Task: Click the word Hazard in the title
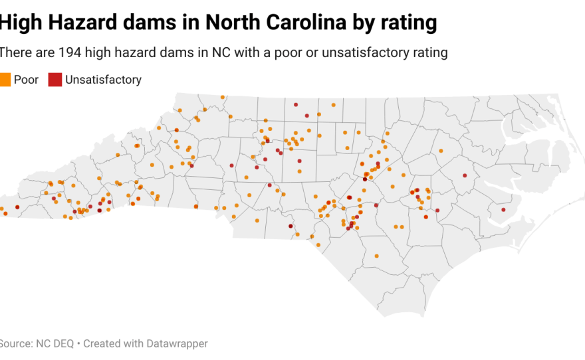(88, 23)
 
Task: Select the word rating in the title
(407, 23)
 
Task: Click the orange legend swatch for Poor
(5, 80)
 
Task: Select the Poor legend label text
(26, 80)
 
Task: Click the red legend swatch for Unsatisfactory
(55, 80)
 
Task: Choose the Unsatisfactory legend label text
(103, 80)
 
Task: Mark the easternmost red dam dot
(503, 210)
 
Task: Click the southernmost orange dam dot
(376, 256)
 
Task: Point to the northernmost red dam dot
(295, 104)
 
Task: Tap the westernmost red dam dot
(17, 207)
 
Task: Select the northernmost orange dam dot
(222, 96)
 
